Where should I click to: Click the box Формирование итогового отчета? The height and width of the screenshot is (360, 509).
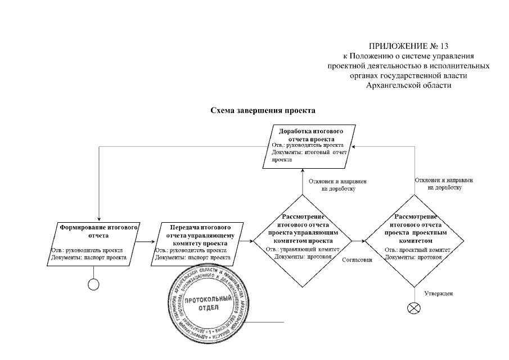[99, 243]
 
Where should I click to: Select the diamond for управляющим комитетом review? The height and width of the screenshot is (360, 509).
[301, 241]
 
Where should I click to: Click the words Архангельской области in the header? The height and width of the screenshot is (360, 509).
[408, 85]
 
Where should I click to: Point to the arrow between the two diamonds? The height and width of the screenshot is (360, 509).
[358, 242]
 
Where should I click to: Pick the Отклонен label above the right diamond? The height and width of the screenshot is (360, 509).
[444, 184]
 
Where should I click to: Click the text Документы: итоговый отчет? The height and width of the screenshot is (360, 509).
[307, 152]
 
